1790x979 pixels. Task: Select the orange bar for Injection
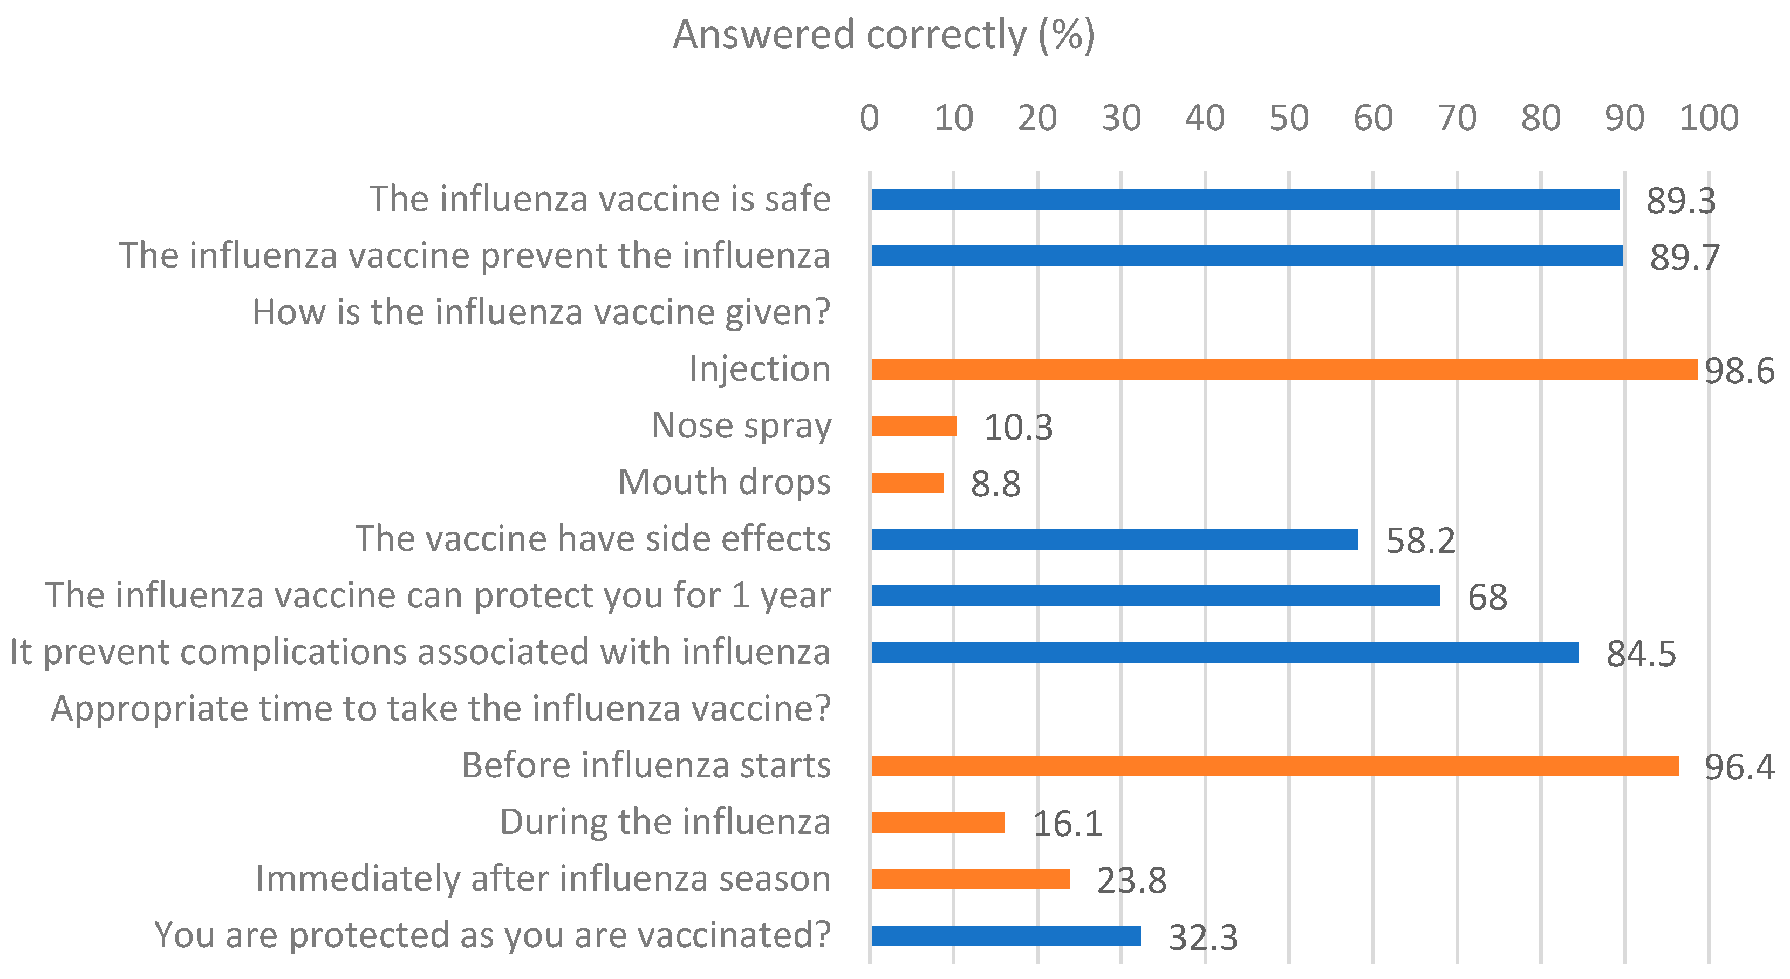[1283, 369]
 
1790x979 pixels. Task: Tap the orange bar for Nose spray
[914, 426]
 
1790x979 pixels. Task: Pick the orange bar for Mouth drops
[907, 483]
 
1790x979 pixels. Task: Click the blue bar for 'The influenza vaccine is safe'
[1245, 200]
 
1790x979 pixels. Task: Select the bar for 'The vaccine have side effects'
[1115, 539]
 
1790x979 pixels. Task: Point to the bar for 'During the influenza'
[938, 823]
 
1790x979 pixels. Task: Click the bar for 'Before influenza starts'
[1275, 766]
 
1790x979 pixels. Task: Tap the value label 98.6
[1739, 371]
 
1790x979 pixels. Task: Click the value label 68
[1487, 598]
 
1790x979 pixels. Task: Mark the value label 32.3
[1203, 938]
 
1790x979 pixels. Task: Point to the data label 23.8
[1131, 881]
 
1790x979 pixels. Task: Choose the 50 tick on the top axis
[1289, 118]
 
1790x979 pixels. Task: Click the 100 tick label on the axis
[1709, 118]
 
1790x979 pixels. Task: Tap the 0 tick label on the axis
[869, 118]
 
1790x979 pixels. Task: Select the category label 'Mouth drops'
[724, 482]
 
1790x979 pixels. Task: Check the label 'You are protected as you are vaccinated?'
[492, 935]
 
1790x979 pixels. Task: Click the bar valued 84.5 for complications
[1225, 653]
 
